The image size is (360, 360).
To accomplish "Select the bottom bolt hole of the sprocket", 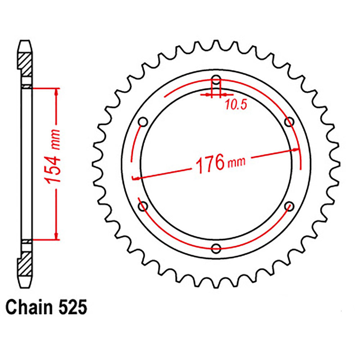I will (216, 248).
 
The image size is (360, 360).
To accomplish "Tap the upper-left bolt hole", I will (143, 122).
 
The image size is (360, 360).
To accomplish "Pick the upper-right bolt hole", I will (289, 122).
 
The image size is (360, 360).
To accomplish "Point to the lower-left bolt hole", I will (143, 206).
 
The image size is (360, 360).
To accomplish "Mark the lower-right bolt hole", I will (289, 206).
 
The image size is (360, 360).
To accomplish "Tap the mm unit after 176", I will (236, 162).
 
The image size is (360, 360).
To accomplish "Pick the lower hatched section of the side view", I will (25, 266).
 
